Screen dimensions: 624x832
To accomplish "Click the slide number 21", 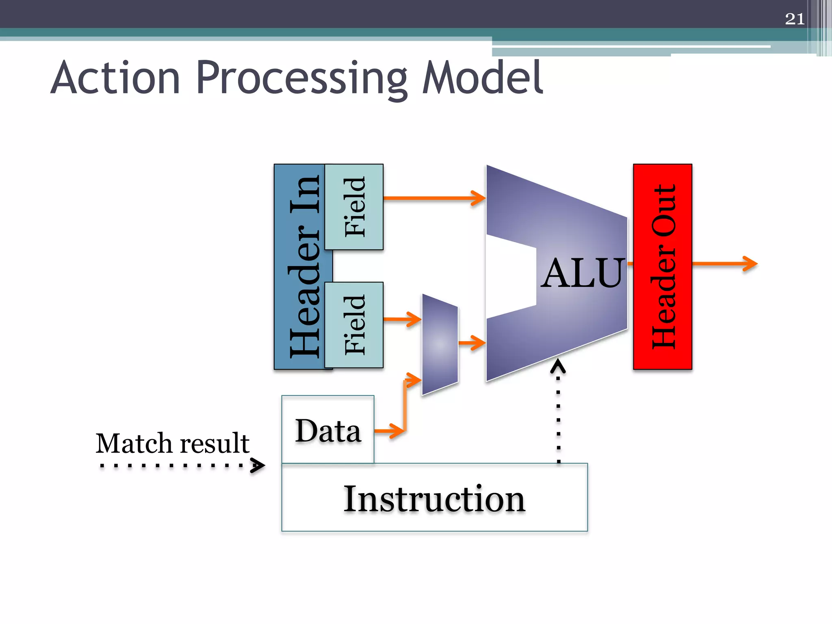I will (x=795, y=19).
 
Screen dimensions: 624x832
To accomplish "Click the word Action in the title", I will (x=116, y=78).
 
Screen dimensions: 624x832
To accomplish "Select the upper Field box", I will (x=354, y=207).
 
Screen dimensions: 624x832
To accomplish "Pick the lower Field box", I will (x=354, y=325).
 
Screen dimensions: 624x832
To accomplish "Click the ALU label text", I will (x=582, y=274).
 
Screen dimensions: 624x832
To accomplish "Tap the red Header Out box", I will (x=662, y=266).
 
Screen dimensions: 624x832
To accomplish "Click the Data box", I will (x=328, y=430).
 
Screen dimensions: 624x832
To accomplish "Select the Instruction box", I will (x=434, y=498).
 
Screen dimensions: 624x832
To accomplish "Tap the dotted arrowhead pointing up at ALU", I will (x=558, y=366).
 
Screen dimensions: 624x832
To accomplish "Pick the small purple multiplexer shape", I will (x=440, y=344).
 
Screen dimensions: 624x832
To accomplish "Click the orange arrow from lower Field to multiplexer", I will (x=402, y=319).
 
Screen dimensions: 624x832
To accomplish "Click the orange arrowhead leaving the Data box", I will (x=396, y=430).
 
